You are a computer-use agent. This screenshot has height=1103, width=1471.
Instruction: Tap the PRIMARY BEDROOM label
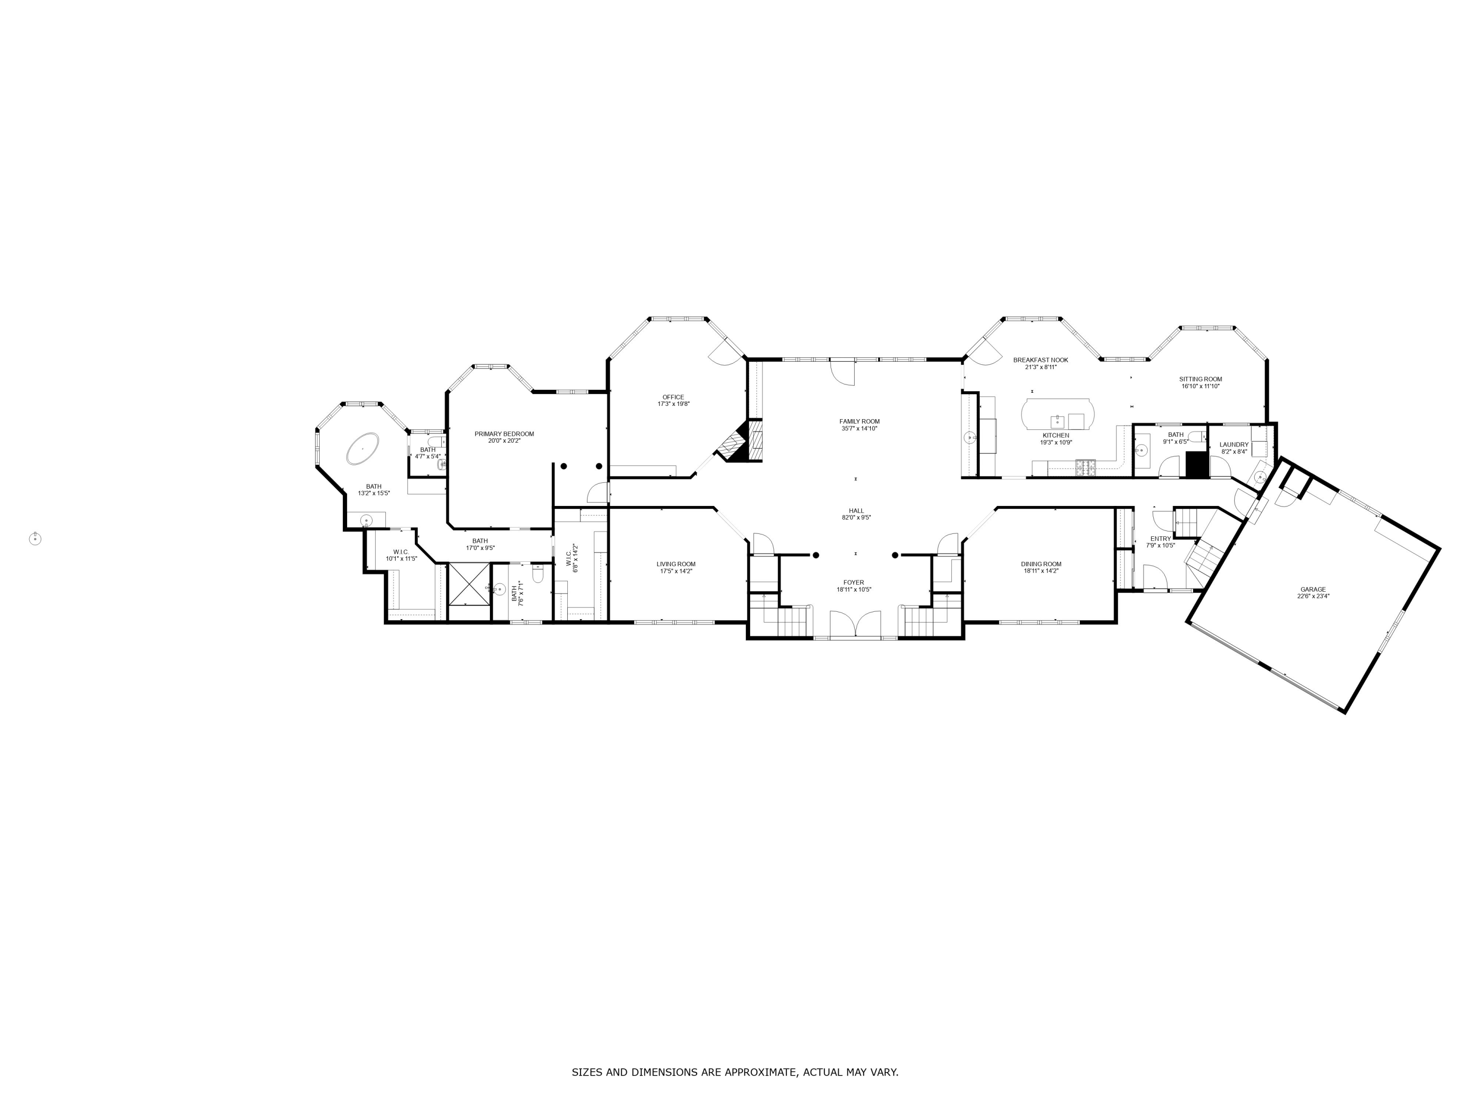[504, 433]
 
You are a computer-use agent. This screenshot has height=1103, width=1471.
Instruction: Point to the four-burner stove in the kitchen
[1085, 467]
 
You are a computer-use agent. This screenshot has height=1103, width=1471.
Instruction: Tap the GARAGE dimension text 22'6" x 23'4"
[1313, 597]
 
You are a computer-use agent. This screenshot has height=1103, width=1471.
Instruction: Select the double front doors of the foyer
[855, 625]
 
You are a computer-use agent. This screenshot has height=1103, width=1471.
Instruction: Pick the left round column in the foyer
[816, 555]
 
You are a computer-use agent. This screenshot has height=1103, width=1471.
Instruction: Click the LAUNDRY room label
[1234, 445]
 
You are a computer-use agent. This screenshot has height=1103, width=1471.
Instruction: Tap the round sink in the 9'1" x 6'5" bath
[1141, 450]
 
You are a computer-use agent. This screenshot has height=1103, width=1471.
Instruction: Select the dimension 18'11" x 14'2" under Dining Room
[1041, 571]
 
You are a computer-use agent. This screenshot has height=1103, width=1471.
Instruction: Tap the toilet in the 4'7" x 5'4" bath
[435, 442]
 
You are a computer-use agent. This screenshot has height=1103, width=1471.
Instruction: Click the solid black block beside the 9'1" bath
[1196, 465]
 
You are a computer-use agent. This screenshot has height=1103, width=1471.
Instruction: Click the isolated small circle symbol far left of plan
[35, 539]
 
